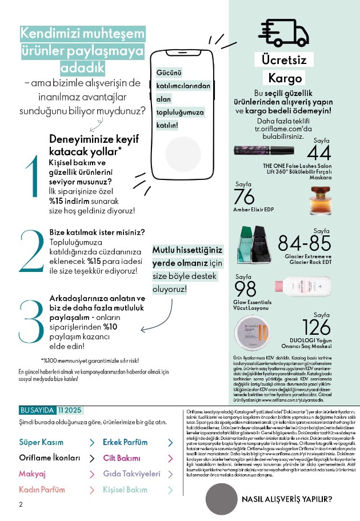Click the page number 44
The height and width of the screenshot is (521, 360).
(319, 153)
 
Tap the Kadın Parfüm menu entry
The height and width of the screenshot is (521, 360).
(42, 490)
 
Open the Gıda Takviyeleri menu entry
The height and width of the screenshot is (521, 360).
(131, 474)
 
